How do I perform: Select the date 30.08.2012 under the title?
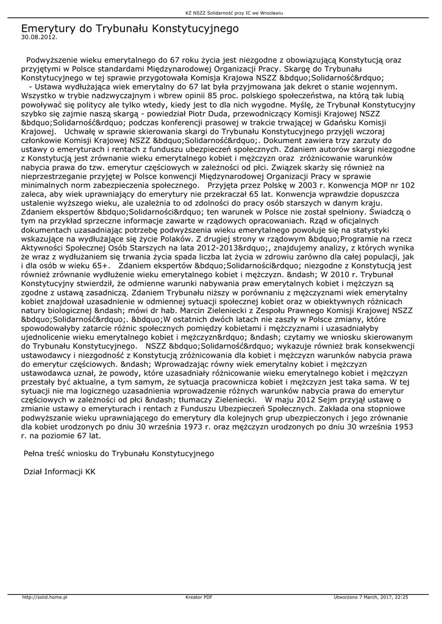coord(39,37)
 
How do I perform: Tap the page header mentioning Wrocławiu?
coord(221,12)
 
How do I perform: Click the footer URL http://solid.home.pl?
coord(45,597)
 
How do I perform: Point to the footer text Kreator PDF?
coord(199,597)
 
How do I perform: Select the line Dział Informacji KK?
coord(59,471)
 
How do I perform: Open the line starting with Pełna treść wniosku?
coord(118,453)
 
